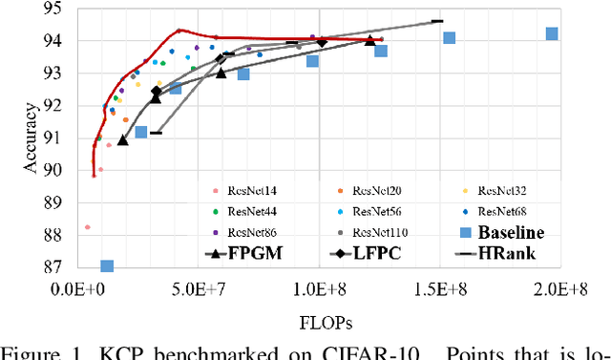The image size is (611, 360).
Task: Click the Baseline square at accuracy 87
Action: (107, 266)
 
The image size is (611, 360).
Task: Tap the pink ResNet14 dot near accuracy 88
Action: (87, 227)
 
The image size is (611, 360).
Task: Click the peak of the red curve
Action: (179, 31)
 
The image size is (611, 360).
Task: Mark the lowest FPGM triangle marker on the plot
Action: (122, 140)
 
